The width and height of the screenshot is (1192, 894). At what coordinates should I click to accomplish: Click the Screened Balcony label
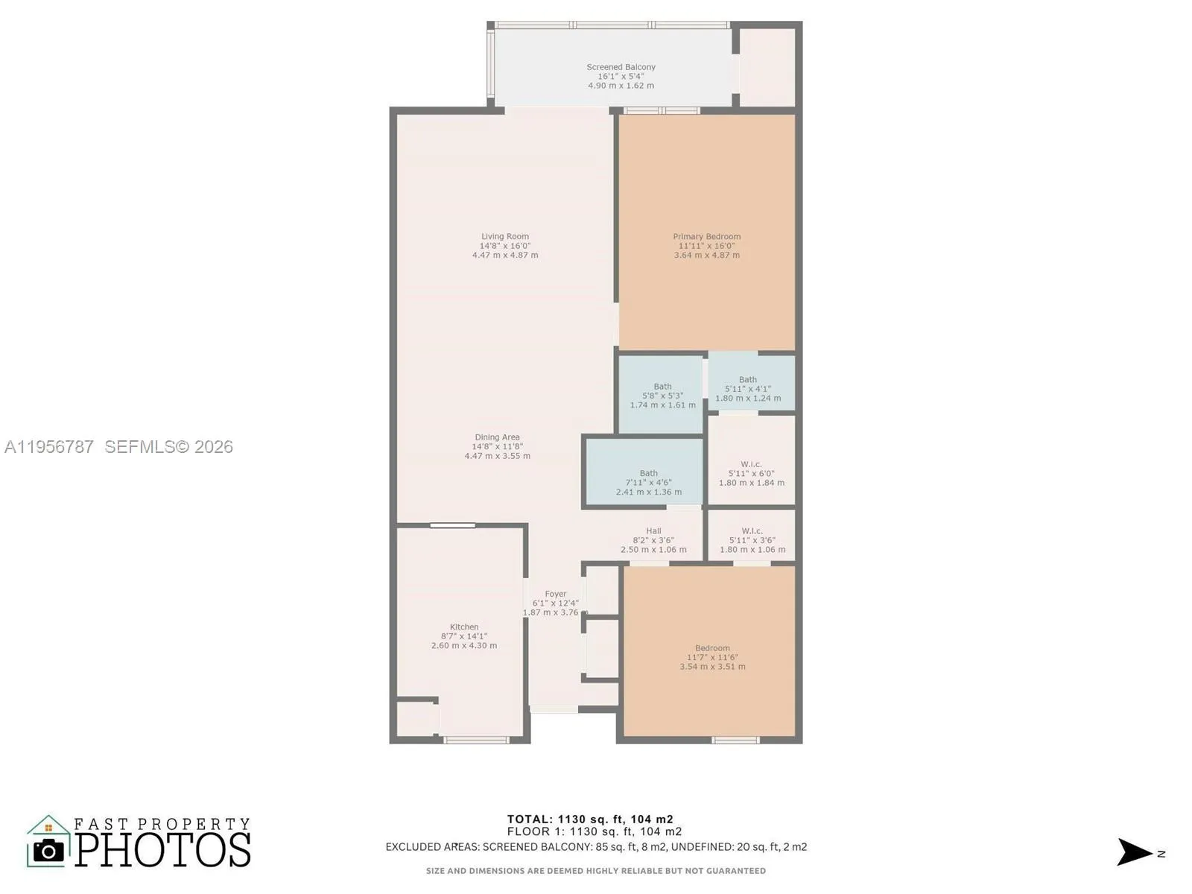pyautogui.click(x=621, y=67)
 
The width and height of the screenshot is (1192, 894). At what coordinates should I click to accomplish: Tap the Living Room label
pyautogui.click(x=505, y=237)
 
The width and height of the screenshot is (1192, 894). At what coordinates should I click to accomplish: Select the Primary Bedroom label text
pyautogui.click(x=706, y=237)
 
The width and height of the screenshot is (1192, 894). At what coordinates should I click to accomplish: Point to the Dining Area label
pyautogui.click(x=497, y=437)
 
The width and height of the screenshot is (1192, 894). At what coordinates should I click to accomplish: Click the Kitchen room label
pyautogui.click(x=464, y=627)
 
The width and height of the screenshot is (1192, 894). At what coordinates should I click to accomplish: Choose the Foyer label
pyautogui.click(x=556, y=594)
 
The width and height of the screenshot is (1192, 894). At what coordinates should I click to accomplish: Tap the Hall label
pyautogui.click(x=654, y=531)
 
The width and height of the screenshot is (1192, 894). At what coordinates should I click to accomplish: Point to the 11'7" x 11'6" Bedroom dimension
pyautogui.click(x=712, y=657)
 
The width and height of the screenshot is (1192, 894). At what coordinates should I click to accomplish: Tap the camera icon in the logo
pyautogui.click(x=49, y=850)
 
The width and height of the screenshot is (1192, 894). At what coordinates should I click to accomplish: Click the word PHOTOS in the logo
pyautogui.click(x=162, y=850)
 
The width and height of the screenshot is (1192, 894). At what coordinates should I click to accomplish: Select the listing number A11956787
pyautogui.click(x=49, y=447)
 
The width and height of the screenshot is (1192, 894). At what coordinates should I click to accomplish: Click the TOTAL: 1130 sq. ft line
pyautogui.click(x=590, y=819)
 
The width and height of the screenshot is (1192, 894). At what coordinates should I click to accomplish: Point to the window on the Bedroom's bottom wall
pyautogui.click(x=736, y=740)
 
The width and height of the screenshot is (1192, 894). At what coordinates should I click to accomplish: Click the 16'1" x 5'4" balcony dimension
pyautogui.click(x=621, y=77)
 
